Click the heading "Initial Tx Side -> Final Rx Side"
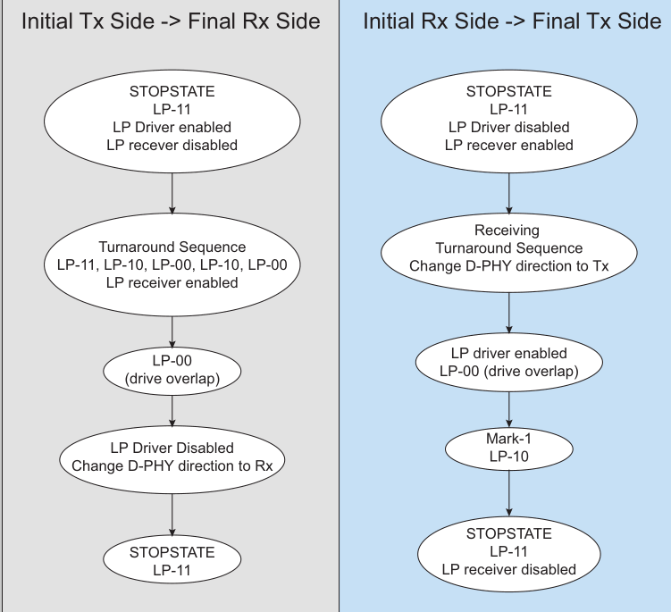coord(171,21)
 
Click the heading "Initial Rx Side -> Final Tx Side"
coord(512,21)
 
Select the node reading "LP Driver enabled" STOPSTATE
coord(172,122)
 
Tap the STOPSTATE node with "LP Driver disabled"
coord(508,122)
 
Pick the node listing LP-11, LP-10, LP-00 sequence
coord(172,265)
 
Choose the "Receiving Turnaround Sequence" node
coord(508,253)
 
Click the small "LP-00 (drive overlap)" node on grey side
coord(172,371)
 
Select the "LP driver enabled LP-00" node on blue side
coord(508,362)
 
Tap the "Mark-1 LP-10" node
coord(508,449)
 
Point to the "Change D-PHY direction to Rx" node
coord(172,459)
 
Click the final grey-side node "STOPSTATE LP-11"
coord(172,559)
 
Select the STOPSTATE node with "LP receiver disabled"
coord(508,554)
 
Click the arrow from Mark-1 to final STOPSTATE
coord(508,493)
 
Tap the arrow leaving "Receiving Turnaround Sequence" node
coord(508,313)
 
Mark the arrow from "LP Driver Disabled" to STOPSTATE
coord(172,515)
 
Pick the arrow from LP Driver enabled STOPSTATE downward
coord(172,193)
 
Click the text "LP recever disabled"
coord(172,145)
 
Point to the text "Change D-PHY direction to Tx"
coord(508,266)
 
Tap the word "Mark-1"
coord(508,439)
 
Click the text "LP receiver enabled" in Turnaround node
coord(172,283)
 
